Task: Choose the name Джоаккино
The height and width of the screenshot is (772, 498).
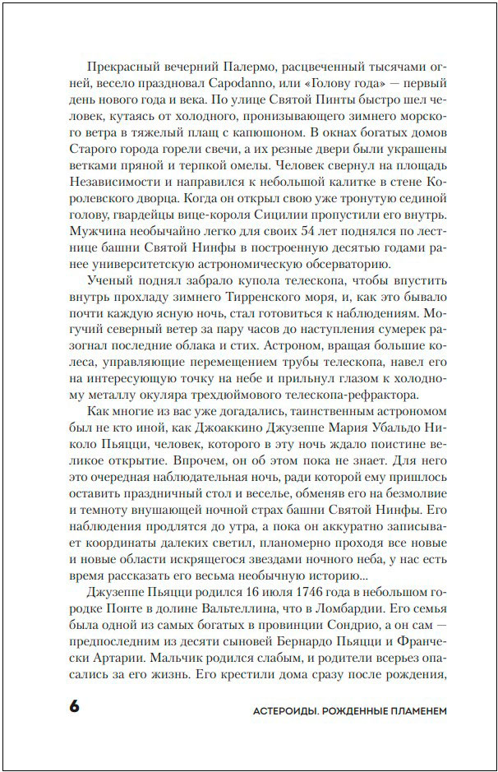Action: click(248, 428)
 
